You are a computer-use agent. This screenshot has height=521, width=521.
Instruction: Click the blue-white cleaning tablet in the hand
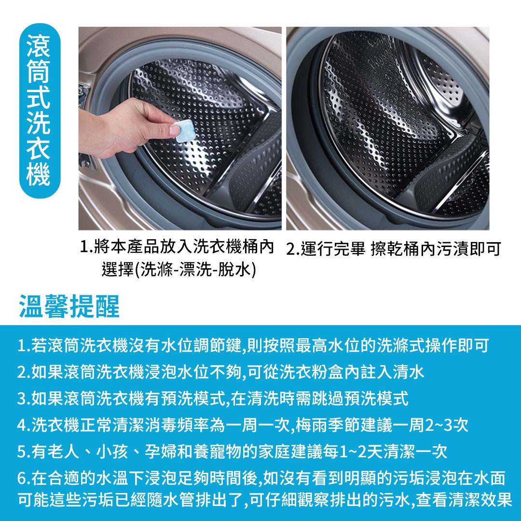[184, 131]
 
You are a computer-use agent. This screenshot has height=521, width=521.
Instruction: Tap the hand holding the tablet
[126, 128]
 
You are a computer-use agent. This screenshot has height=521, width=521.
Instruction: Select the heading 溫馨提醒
[69, 306]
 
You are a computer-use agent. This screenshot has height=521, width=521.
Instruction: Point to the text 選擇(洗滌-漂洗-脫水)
[179, 269]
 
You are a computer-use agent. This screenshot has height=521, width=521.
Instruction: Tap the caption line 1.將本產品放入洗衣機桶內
[177, 247]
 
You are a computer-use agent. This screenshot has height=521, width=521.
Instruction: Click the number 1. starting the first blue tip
[24, 345]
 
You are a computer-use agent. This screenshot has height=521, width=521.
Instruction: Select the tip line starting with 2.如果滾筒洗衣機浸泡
[220, 372]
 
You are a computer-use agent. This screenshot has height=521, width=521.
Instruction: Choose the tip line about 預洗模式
[213, 398]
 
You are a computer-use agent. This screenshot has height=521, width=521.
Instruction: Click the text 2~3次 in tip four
[447, 425]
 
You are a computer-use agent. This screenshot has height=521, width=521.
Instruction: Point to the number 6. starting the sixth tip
[24, 478]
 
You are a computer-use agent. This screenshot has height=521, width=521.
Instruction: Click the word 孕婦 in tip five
[161, 452]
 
